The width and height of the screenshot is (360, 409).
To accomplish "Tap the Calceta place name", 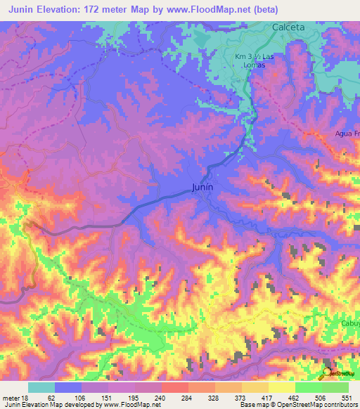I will tap(288, 27).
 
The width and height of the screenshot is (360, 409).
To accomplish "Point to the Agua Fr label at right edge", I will tap(347, 133).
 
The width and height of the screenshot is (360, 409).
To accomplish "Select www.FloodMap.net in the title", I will tap(215, 9).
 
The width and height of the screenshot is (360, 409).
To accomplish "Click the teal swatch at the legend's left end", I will tap(41, 387).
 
